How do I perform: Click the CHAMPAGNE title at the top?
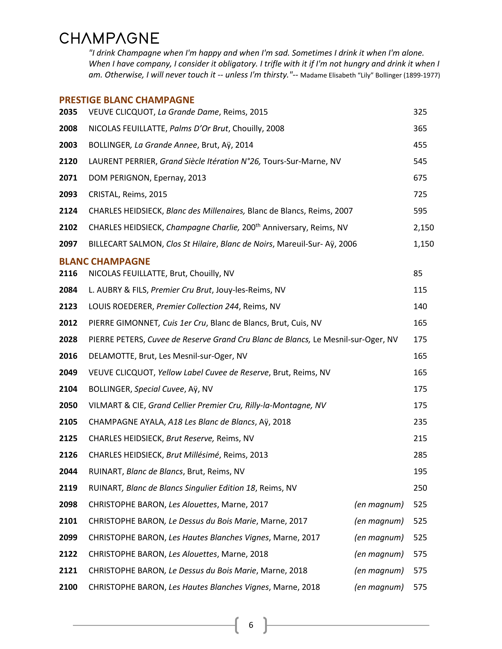point(109,38)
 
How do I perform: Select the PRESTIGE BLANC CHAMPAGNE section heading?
point(127,100)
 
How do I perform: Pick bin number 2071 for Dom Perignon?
point(68,178)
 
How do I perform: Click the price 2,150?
point(423,227)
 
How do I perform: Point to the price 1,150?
point(423,244)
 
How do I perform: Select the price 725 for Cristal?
point(420,194)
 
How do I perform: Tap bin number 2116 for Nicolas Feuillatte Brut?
point(68,273)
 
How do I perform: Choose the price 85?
point(418,273)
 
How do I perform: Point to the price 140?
point(420,306)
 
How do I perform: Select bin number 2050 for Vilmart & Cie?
point(68,405)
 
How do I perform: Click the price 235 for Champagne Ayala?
point(420,422)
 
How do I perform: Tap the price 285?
point(420,455)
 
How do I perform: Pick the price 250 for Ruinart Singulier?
point(420,488)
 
